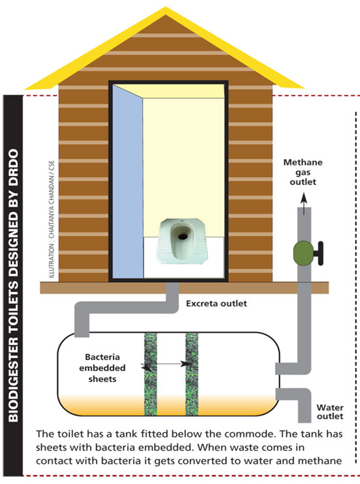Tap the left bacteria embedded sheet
coord(150,374)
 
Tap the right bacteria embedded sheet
coord(192,374)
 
